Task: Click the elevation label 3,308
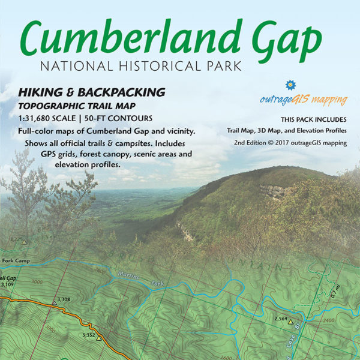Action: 63,299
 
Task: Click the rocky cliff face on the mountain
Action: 277,191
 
